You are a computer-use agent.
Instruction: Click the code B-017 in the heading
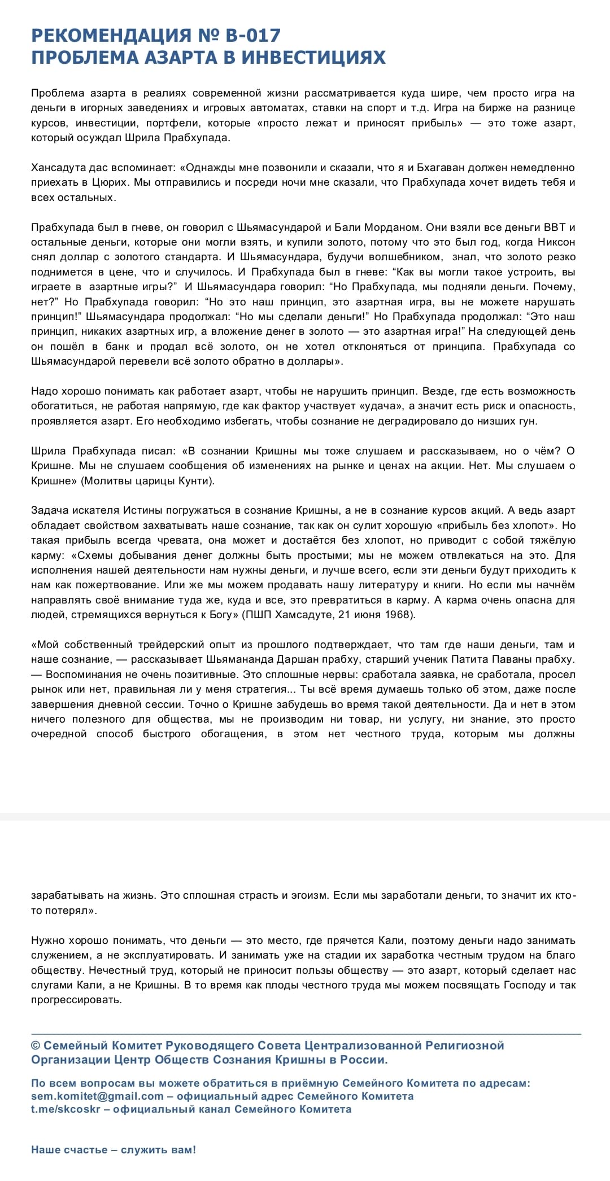252,36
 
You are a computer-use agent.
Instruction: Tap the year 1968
399,615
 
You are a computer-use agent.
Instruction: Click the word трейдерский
177,645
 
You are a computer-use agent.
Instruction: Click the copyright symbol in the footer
36,1046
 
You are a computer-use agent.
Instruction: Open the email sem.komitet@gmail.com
97,1096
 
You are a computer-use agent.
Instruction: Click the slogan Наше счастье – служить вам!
114,1150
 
